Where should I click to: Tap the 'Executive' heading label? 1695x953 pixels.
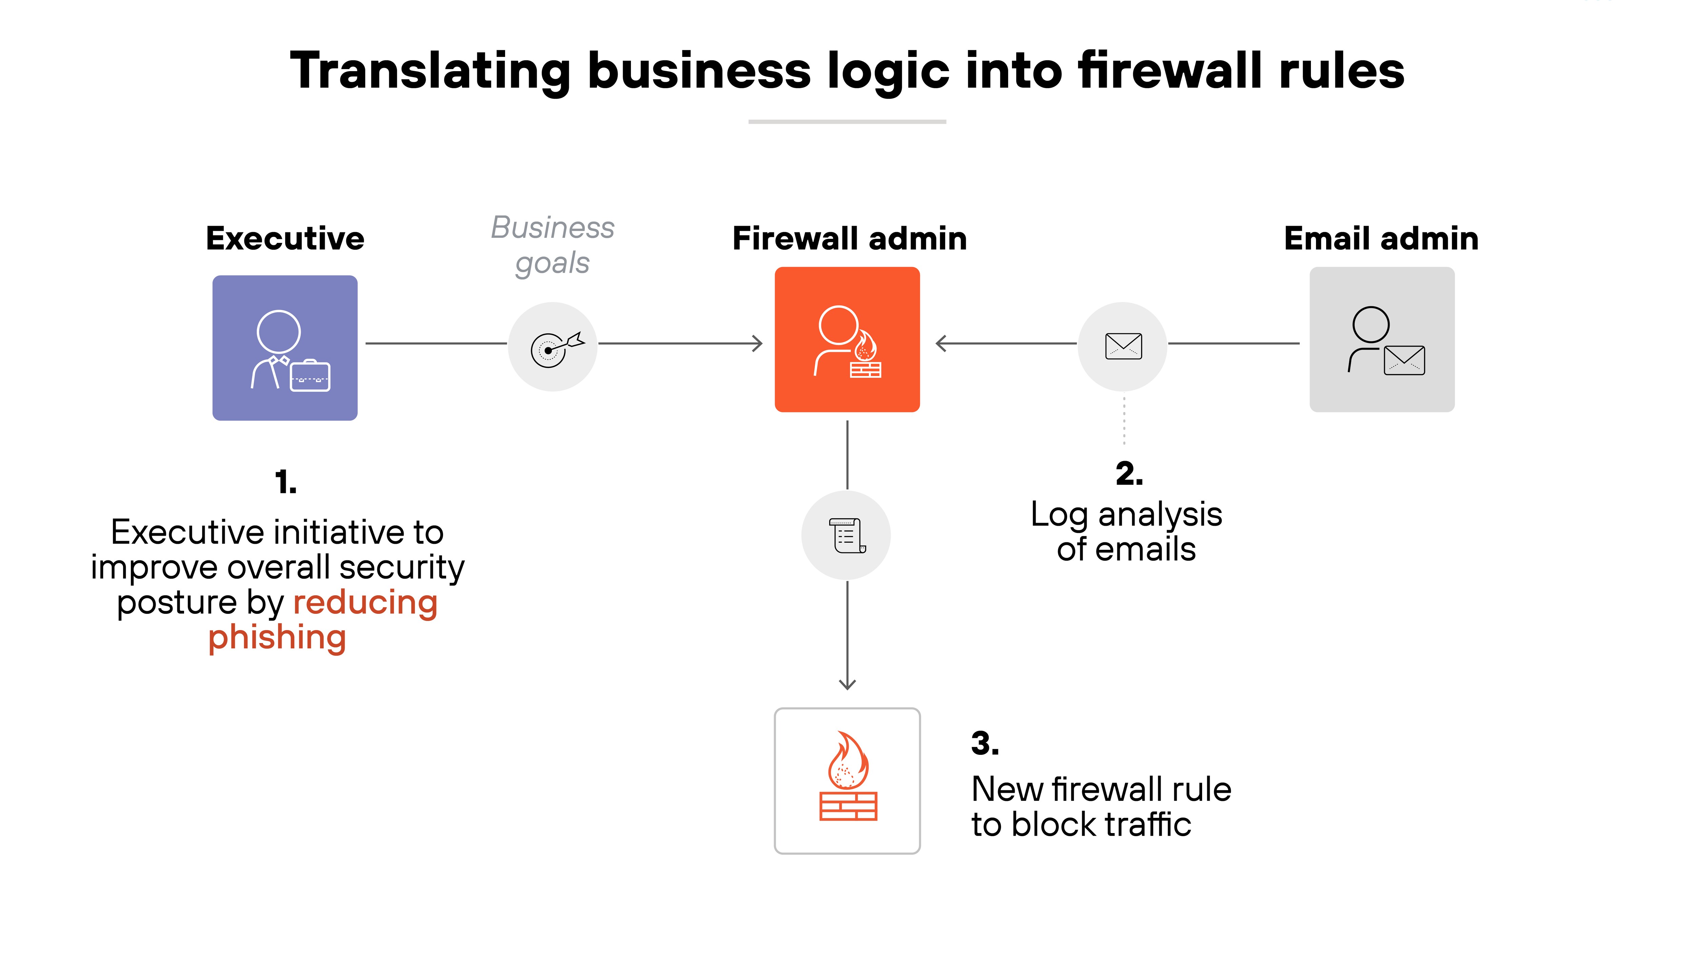point(285,238)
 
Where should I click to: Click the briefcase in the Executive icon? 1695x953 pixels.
point(310,376)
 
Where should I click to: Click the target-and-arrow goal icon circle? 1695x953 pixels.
point(553,347)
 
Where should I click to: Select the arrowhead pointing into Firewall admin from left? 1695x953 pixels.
point(757,343)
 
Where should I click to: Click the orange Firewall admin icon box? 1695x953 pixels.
point(847,339)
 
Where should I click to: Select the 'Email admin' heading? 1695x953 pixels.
point(1381,238)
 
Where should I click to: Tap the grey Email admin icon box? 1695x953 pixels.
point(1382,339)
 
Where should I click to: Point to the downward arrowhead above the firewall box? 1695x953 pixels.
point(848,684)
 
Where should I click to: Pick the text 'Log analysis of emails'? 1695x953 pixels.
point(1126,532)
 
